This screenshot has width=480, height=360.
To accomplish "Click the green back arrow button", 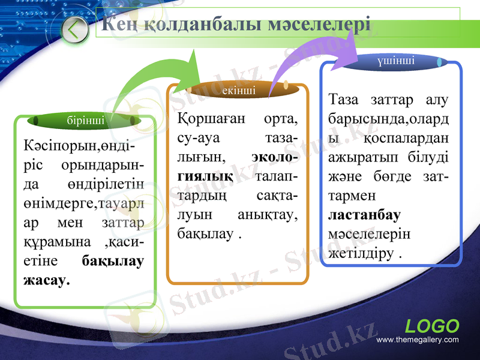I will pos(74,30).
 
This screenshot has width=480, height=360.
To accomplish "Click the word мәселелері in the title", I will pos(320,25).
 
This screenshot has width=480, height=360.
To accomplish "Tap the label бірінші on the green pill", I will pos(85,121).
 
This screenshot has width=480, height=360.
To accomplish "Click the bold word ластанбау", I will pos(365,215).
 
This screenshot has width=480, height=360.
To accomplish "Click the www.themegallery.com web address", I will pos(417,340).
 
